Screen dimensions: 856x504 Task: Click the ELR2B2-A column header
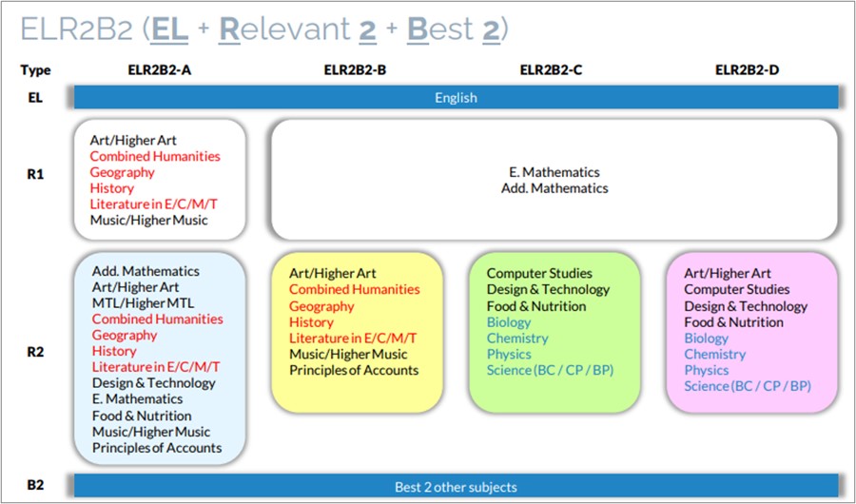pyautogui.click(x=160, y=69)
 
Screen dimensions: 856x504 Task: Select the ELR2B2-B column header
pyautogui.click(x=355, y=69)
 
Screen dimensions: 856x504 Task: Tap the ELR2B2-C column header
pyautogui.click(x=551, y=69)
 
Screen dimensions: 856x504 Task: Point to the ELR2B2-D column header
pyautogui.click(x=747, y=69)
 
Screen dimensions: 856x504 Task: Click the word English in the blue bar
pyautogui.click(x=456, y=98)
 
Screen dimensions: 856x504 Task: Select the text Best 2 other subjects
pyautogui.click(x=456, y=487)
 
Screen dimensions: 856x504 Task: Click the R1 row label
pyautogui.click(x=35, y=174)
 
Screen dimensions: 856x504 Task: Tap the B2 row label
pyautogui.click(x=35, y=484)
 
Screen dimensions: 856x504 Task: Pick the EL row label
pyautogui.click(x=35, y=98)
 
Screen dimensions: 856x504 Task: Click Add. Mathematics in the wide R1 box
pyautogui.click(x=554, y=188)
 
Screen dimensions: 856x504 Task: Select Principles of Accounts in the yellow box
pyautogui.click(x=354, y=370)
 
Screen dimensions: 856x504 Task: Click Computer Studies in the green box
pyautogui.click(x=539, y=273)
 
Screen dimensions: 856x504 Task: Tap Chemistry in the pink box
pyautogui.click(x=715, y=355)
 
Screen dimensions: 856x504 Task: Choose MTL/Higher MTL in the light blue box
pyautogui.click(x=143, y=303)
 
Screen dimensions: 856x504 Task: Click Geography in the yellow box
pyautogui.click(x=321, y=306)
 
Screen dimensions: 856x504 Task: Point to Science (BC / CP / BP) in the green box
pyautogui.click(x=551, y=370)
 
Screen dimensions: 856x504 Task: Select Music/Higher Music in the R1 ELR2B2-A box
pyautogui.click(x=149, y=220)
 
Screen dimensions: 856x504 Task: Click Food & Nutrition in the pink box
pyautogui.click(x=733, y=322)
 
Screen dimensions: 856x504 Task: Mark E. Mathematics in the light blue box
pyautogui.click(x=138, y=399)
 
